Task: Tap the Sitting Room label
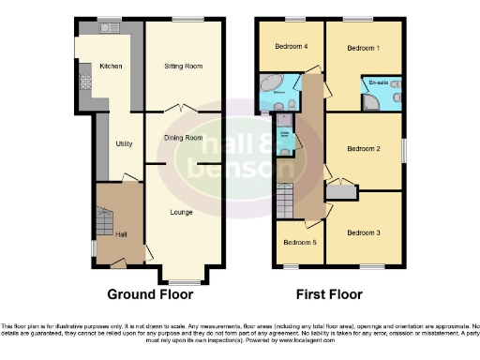tap(184, 67)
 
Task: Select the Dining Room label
tap(184, 138)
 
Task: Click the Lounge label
tap(182, 212)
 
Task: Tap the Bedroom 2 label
tap(363, 149)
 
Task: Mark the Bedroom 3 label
tap(363, 232)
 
